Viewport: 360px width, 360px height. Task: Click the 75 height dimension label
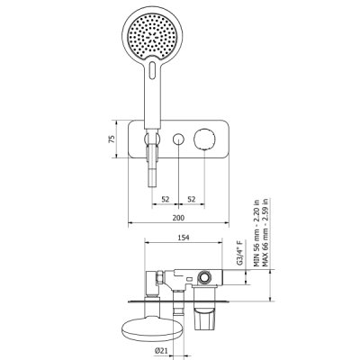[x=112, y=139]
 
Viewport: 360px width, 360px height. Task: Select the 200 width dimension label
[x=178, y=218]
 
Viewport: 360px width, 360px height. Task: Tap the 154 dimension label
[x=184, y=238]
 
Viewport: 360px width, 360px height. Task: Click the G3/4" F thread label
[x=239, y=252]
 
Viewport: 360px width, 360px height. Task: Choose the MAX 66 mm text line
[x=265, y=232]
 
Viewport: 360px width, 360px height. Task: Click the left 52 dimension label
[x=166, y=199]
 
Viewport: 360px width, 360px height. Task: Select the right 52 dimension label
[x=192, y=199]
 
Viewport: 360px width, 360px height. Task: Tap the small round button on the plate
[x=178, y=139]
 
